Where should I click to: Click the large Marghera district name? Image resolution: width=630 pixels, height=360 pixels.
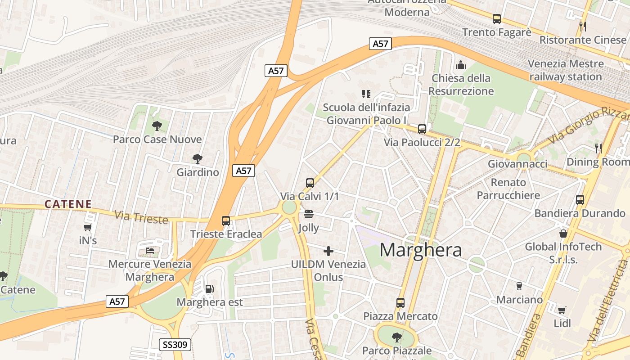click(421, 250)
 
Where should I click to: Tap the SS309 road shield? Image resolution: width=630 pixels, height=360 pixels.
click(176, 345)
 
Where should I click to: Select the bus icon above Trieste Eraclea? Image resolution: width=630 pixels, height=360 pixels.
click(226, 221)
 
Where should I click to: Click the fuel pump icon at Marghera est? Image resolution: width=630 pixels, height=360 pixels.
click(209, 289)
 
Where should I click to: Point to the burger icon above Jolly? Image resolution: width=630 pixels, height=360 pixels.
click(309, 214)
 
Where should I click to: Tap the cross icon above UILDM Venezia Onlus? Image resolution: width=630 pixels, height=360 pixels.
click(328, 251)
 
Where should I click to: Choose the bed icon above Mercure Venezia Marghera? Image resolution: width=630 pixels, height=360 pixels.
click(150, 251)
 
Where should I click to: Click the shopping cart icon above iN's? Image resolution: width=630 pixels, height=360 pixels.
click(88, 228)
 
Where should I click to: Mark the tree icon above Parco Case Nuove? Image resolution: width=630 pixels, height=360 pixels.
click(157, 126)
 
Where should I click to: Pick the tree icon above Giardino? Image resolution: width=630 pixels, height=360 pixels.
click(197, 158)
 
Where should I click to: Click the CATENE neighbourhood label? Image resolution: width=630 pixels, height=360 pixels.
click(68, 204)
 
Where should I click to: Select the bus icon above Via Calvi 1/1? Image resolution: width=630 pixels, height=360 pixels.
click(310, 183)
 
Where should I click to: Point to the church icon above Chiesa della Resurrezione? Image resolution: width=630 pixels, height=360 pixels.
click(461, 65)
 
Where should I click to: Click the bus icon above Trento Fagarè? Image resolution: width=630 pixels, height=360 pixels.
click(497, 19)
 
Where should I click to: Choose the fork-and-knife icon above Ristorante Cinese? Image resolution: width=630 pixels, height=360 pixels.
click(583, 26)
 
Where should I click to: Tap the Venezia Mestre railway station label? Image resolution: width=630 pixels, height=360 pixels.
click(566, 70)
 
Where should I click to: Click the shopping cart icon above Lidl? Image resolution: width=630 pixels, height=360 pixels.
click(562, 310)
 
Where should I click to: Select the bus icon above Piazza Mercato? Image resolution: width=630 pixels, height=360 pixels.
click(400, 303)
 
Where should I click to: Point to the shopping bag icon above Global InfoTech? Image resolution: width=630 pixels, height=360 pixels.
click(563, 233)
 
